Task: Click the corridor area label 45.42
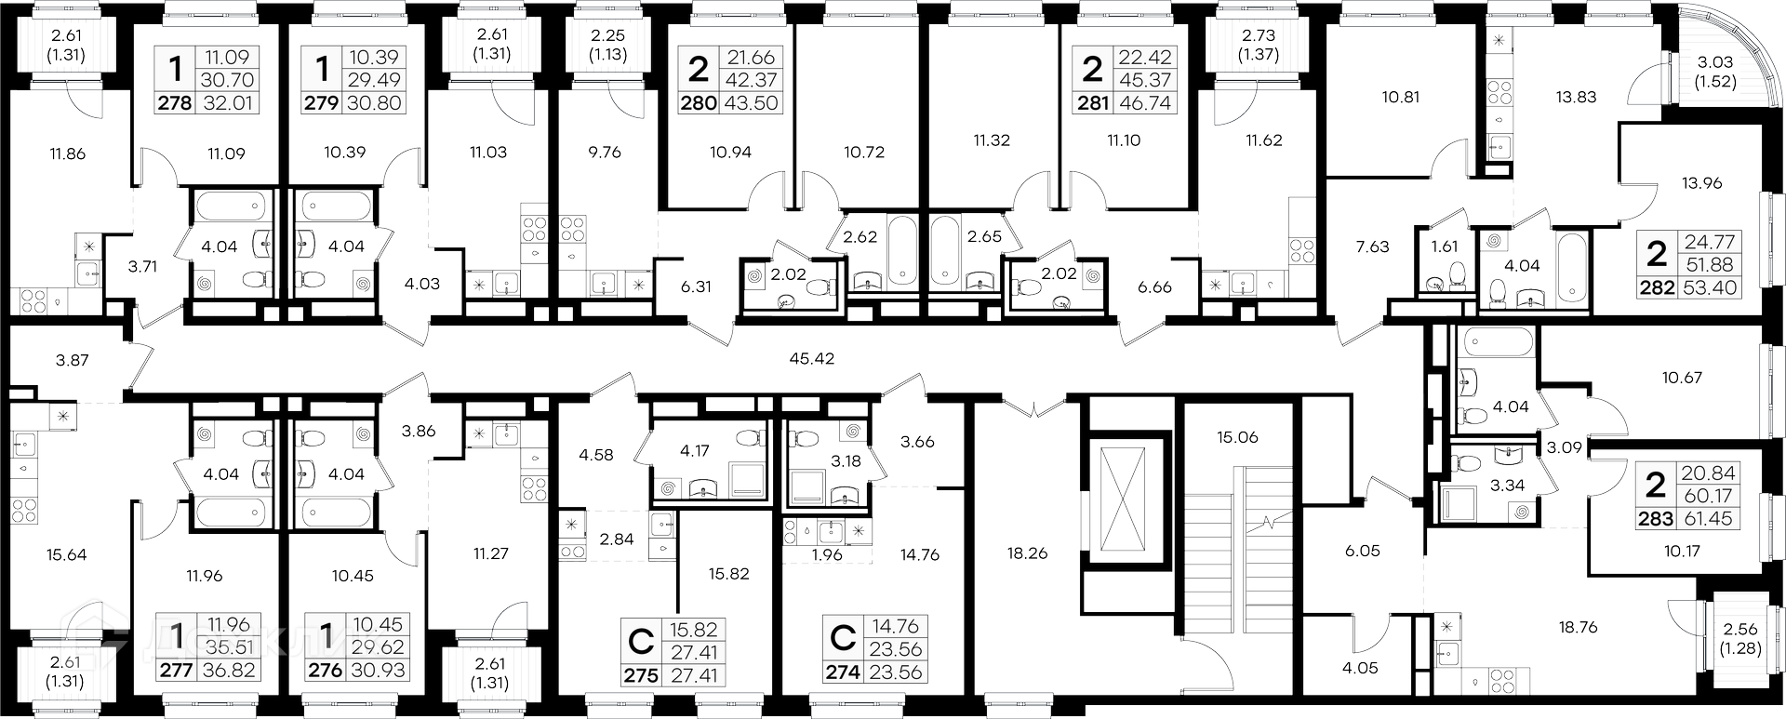tap(811, 358)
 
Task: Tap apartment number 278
tap(175, 103)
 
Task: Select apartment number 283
tap(1656, 519)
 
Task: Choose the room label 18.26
tap(1027, 553)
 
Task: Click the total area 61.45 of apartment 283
tap(1709, 519)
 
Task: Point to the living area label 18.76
tap(1578, 628)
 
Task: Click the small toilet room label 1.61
tap(1445, 246)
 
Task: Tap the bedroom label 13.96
tap(1702, 183)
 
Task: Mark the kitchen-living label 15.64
tap(67, 555)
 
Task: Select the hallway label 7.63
tap(1372, 246)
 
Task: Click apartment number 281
tap(1093, 103)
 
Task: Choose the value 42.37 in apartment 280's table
tap(752, 80)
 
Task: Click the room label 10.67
tap(1681, 378)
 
